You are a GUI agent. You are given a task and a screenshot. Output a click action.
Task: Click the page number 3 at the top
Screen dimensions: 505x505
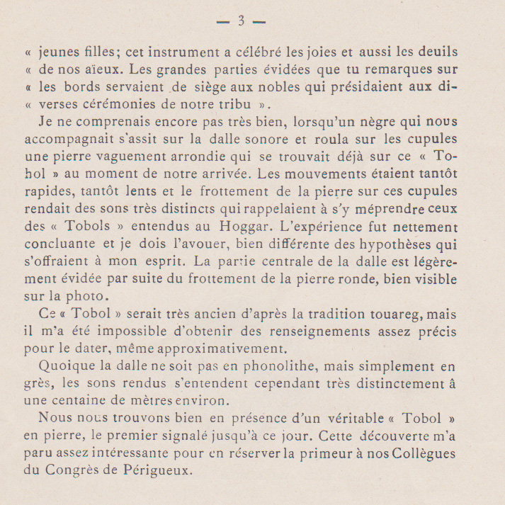241,21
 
